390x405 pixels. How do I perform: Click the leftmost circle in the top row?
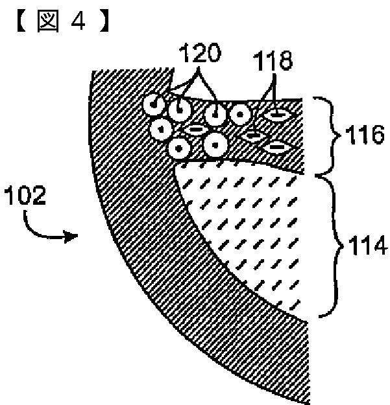152,103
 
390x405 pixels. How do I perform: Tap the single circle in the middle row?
160,128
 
